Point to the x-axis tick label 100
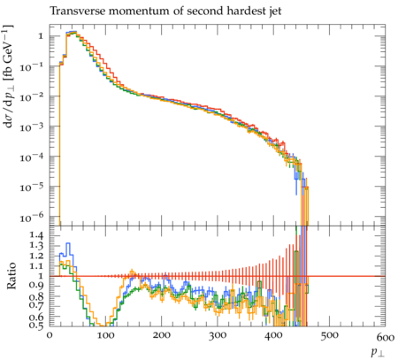pyautogui.click(x=105, y=335)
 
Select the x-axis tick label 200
pyautogui.click(x=162, y=335)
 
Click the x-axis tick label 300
pyautogui.click(x=218, y=335)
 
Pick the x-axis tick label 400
pyautogui.click(x=273, y=335)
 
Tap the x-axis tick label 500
pyautogui.click(x=330, y=335)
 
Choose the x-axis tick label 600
pyautogui.click(x=386, y=337)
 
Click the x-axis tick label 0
pyautogui.click(x=50, y=335)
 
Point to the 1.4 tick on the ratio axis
pyautogui.click(x=37, y=235)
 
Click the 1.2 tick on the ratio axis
pyautogui.click(x=37, y=256)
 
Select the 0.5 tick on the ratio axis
pyautogui.click(x=37, y=325)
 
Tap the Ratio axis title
pyautogui.click(x=11, y=275)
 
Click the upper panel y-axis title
pyautogui.click(x=9, y=77)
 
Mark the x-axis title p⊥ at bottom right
pyautogui.click(x=378, y=352)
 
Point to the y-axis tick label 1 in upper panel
pyautogui.click(x=41, y=36)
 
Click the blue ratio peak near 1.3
pyautogui.click(x=68, y=243)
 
